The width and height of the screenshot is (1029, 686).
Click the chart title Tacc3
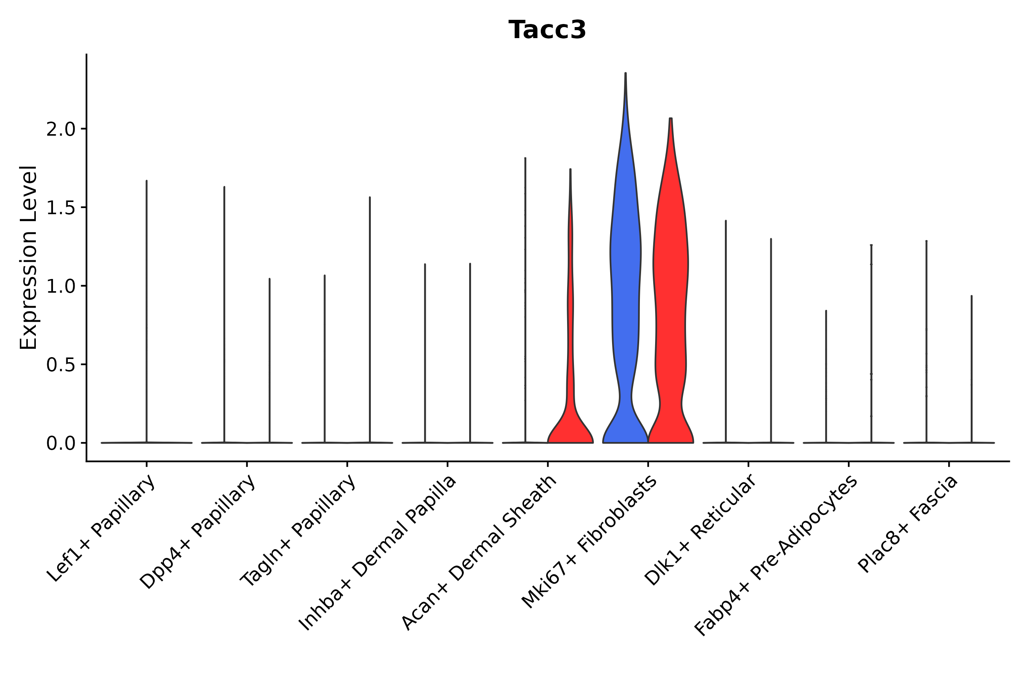(547, 30)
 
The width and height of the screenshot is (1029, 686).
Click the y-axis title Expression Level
(29, 257)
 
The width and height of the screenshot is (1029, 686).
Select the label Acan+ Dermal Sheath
(479, 553)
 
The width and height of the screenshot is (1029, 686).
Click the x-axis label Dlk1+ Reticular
(700, 530)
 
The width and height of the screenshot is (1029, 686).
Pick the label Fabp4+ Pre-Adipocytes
(776, 556)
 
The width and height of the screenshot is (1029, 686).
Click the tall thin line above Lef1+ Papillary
(147, 306)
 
